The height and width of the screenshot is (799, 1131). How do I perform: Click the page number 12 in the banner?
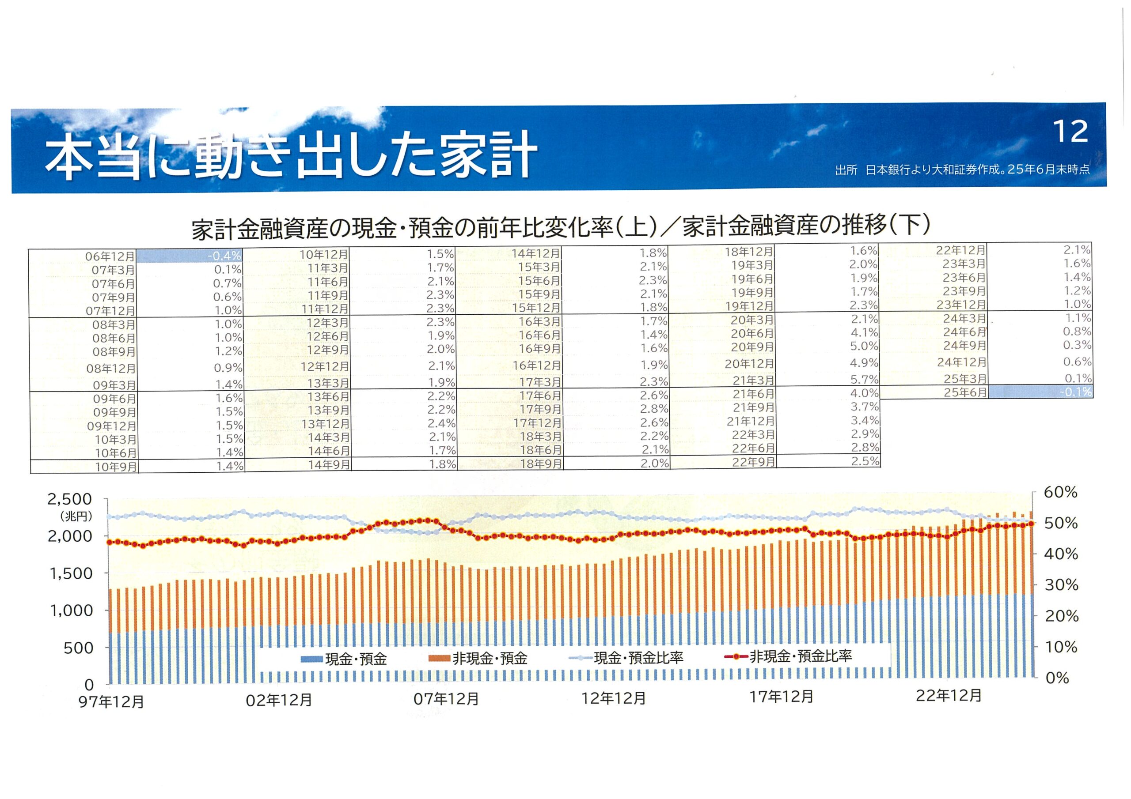[x=1070, y=132]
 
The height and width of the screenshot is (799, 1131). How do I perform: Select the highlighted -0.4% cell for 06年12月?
[x=189, y=256]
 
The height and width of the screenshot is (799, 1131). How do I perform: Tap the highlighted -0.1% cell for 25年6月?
[x=1040, y=392]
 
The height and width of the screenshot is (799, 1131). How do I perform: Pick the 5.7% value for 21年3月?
[x=864, y=380]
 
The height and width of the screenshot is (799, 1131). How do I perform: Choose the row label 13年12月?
[x=325, y=424]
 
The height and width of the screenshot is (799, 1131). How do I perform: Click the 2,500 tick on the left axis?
[x=70, y=499]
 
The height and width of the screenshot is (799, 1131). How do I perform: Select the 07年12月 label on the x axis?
[x=446, y=700]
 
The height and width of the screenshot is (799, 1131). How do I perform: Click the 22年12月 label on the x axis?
[x=948, y=696]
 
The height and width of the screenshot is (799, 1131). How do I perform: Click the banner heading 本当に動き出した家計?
[x=291, y=155]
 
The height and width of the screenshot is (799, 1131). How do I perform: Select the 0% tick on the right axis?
[x=1057, y=678]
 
